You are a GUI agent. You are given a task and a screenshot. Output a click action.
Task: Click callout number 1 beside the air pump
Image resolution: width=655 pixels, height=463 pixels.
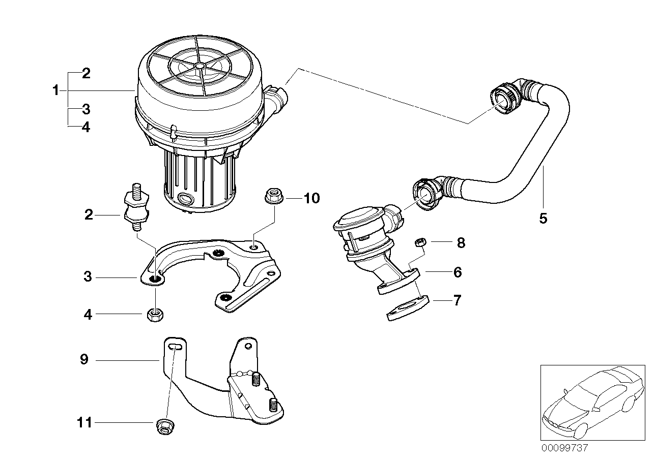(55, 91)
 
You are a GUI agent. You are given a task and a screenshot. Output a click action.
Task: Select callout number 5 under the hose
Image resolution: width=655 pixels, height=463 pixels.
(543, 219)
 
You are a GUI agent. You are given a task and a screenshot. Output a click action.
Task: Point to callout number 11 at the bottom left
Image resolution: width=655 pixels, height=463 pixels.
(84, 422)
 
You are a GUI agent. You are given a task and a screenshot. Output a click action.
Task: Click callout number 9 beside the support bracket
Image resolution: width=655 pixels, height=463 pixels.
(84, 360)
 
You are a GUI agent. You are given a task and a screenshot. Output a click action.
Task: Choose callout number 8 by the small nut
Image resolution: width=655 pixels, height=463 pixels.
(461, 242)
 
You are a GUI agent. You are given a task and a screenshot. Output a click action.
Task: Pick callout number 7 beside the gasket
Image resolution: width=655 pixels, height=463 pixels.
(457, 300)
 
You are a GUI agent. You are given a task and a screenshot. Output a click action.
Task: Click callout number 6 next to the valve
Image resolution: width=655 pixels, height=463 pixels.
(457, 272)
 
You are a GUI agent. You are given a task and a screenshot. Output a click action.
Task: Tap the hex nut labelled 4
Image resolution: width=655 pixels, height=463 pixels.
(154, 315)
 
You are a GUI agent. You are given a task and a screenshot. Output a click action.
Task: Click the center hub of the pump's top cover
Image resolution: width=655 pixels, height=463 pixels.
(199, 66)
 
